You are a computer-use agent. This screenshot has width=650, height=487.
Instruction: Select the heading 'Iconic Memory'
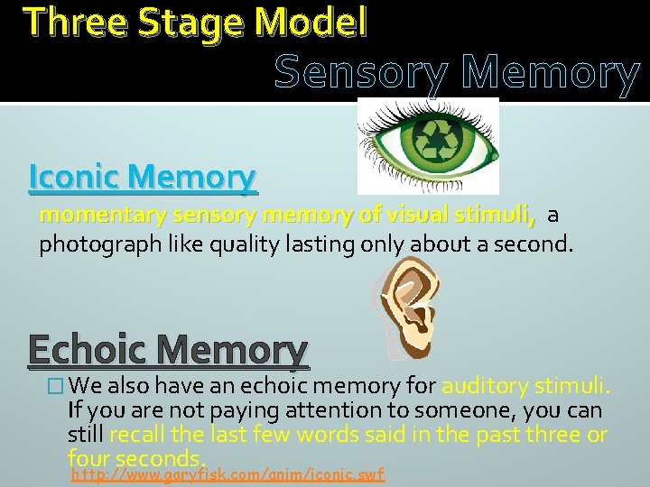tap(143, 177)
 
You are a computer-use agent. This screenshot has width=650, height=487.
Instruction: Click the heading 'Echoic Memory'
tap(168, 351)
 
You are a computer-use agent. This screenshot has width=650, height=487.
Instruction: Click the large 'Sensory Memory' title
tap(457, 74)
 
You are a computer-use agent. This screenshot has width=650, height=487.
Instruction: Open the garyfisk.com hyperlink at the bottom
tap(227, 473)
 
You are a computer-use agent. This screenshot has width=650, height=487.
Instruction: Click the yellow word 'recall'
tap(136, 436)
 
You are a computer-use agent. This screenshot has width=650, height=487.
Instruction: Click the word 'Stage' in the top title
tap(179, 22)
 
